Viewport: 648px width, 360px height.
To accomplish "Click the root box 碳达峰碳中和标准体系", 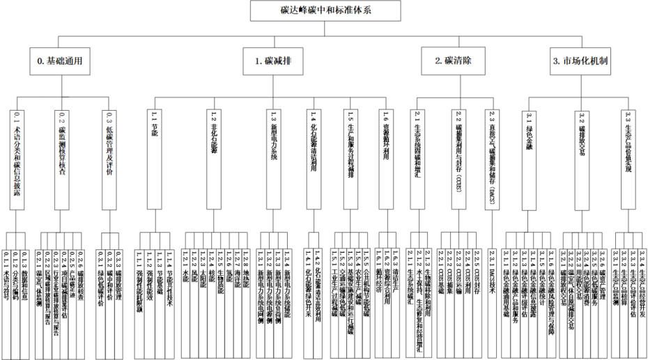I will coord(325,10).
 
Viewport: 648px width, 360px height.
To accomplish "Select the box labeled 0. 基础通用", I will coord(60,61).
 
